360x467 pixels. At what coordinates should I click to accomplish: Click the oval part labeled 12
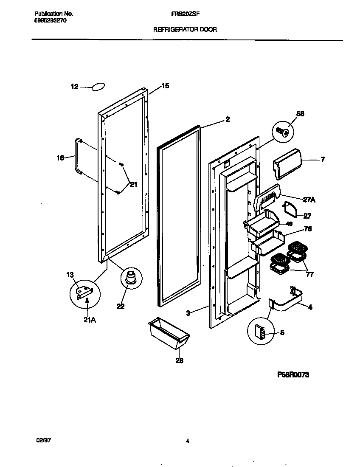coord(98,87)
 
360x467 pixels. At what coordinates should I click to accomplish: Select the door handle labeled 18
coord(78,156)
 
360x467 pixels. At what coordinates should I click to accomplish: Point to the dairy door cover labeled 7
coord(287,163)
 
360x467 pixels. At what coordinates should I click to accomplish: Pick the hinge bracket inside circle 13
coord(84,292)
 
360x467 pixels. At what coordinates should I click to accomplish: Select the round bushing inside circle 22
coord(129,277)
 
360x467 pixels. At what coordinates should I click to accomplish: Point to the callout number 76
coord(308,229)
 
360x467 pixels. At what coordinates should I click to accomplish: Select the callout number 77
coord(310,274)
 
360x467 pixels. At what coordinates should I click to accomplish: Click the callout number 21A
coord(90,320)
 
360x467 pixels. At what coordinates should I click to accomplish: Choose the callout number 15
coord(165,86)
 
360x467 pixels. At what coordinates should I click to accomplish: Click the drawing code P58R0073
coord(292,374)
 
